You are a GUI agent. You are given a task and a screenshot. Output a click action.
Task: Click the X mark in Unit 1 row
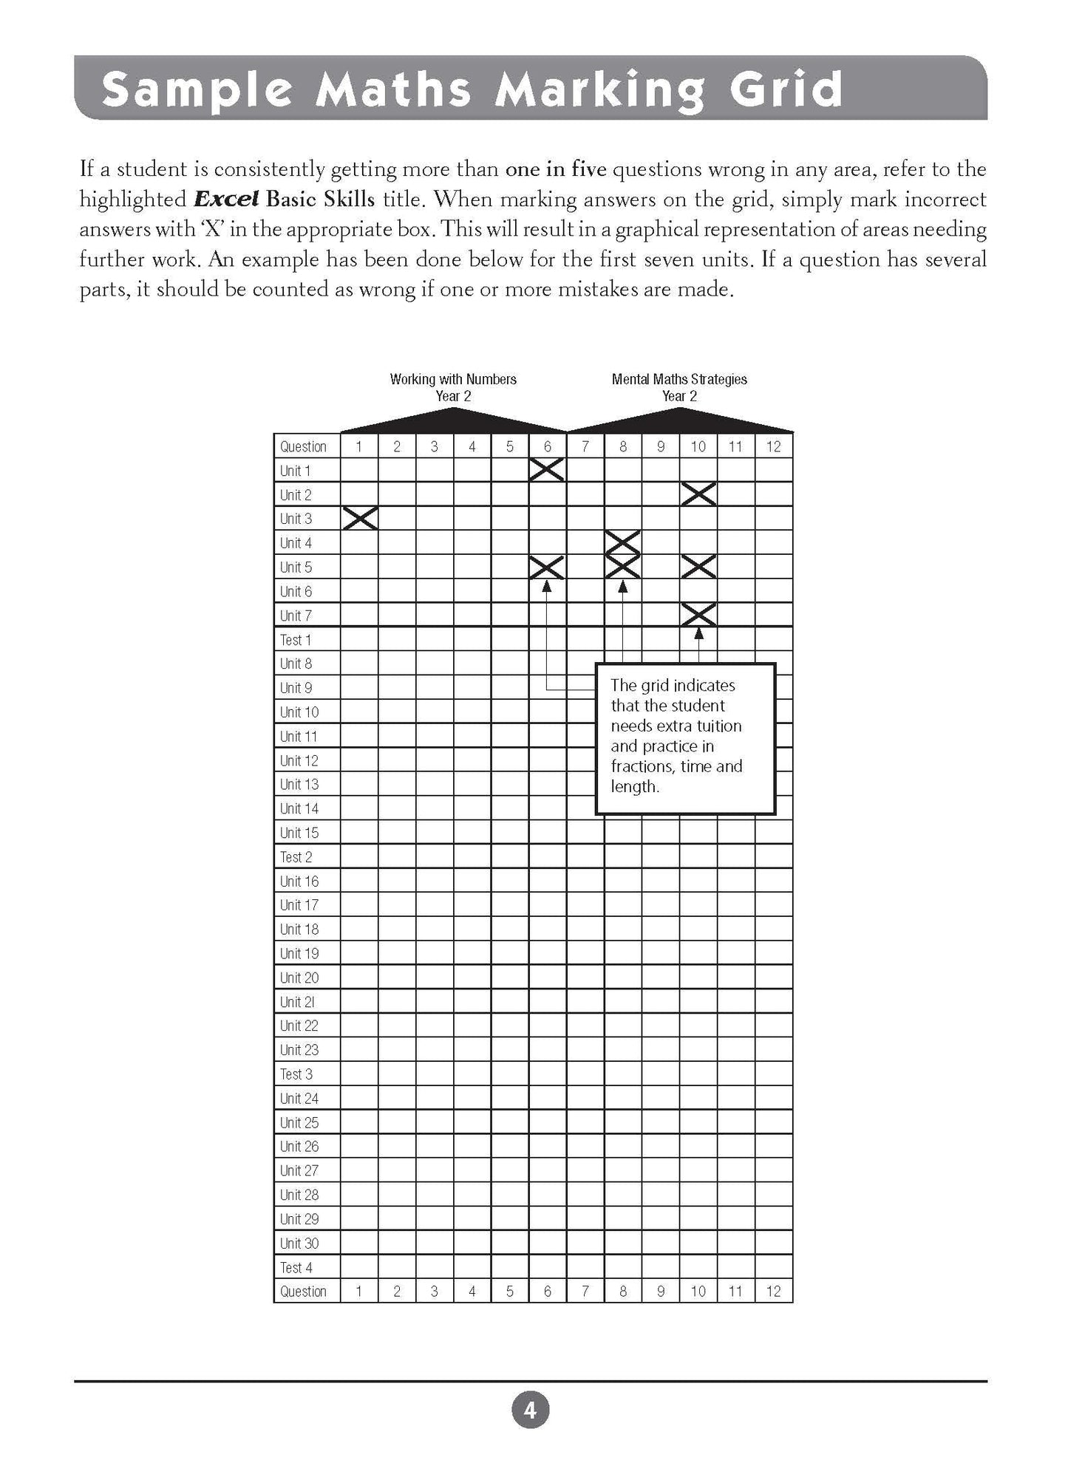click(x=547, y=470)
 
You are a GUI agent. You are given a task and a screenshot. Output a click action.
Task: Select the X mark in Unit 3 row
click(x=360, y=518)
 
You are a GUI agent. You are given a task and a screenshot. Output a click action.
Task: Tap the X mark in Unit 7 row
click(x=698, y=615)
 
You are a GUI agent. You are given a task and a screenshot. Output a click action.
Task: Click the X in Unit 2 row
click(x=698, y=494)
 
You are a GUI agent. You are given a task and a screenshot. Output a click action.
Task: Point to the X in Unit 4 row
click(x=622, y=542)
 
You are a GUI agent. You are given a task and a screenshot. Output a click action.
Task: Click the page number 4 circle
click(x=530, y=1411)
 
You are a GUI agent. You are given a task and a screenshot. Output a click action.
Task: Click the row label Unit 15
click(x=299, y=833)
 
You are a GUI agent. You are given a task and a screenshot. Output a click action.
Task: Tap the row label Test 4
click(x=296, y=1267)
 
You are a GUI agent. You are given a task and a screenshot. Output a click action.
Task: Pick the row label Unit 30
click(x=299, y=1243)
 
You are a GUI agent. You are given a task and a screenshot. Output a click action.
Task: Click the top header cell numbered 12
click(x=773, y=446)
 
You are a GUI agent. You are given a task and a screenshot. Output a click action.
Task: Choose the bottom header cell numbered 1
click(x=359, y=1292)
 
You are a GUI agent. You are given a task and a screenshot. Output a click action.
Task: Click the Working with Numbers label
click(x=453, y=379)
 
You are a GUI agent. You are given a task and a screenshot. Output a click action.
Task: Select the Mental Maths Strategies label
click(x=679, y=379)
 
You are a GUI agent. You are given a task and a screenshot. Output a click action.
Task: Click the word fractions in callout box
click(x=641, y=766)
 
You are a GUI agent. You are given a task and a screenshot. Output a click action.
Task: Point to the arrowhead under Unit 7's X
click(x=698, y=633)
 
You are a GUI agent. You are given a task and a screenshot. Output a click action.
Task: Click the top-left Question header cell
click(x=303, y=446)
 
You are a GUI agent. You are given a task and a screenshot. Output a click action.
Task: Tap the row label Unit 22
click(x=299, y=1026)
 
